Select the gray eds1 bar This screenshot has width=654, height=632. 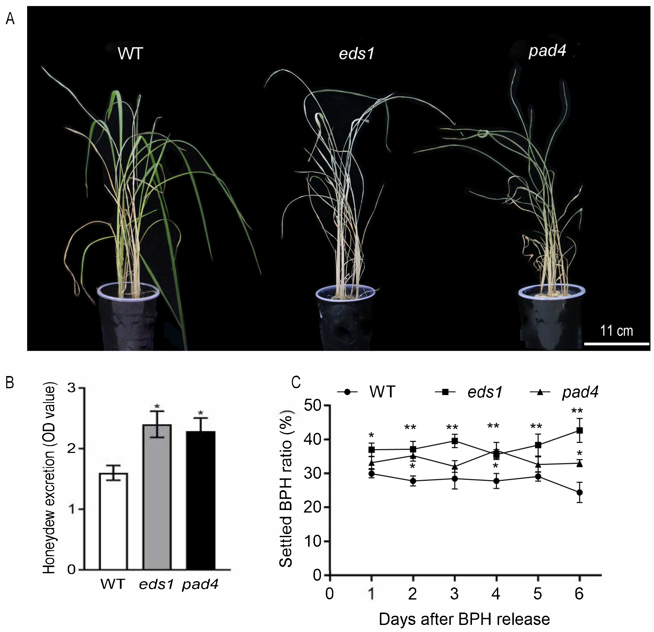pyautogui.click(x=157, y=497)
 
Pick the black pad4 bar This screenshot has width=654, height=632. pyautogui.click(x=200, y=501)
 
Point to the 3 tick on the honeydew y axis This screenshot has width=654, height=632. pyautogui.click(x=71, y=388)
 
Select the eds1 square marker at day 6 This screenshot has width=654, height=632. pyautogui.click(x=580, y=431)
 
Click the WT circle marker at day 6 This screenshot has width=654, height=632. pyautogui.click(x=580, y=492)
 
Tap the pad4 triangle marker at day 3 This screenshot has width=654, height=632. pyautogui.click(x=454, y=466)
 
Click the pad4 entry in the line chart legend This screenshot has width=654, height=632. pyautogui.click(x=580, y=392)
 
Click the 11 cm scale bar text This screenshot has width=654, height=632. pyautogui.click(x=616, y=331)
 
